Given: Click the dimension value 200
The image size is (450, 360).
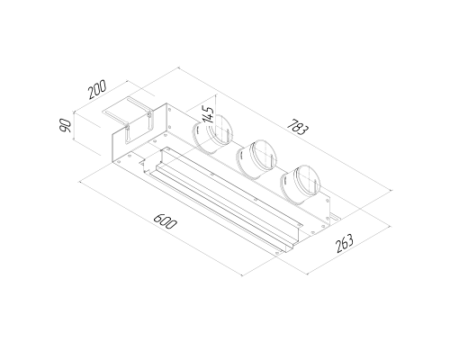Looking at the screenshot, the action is point(97,89).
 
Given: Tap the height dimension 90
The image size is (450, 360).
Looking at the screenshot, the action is point(65,125).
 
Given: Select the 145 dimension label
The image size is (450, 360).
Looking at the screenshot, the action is point(208,114).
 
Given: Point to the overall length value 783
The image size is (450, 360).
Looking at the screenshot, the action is point(297,127).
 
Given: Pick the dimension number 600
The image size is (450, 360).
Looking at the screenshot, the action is point(166,221).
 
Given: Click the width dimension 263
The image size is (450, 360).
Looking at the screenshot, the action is point(345,243).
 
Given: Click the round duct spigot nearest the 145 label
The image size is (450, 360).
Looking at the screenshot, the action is point(211,133).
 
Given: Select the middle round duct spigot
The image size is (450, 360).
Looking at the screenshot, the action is point(256,159).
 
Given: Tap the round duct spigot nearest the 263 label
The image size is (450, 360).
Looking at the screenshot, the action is point(301,184).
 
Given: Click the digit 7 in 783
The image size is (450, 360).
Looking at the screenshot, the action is point(291,123).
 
